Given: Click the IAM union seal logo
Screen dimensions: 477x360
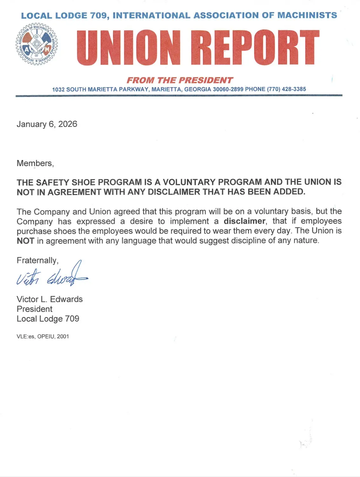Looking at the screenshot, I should [37, 44].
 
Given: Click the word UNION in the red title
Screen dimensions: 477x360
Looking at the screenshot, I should [128, 48].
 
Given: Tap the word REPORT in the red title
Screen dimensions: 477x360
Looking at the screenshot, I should [255, 48].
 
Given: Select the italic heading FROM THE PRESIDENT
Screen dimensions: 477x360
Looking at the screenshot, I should [180, 80].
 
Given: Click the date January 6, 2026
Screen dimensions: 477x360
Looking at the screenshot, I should [47, 124].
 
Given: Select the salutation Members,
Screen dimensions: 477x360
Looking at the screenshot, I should [35, 163].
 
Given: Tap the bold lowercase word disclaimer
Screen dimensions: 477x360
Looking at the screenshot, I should [244, 221].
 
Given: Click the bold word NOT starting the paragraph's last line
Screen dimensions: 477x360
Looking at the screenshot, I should [25, 241].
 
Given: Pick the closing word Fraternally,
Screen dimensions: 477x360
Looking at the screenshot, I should [37, 260].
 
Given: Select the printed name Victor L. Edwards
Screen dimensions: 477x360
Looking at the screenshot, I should [50, 299].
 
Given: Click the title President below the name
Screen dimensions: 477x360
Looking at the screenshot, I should [35, 309].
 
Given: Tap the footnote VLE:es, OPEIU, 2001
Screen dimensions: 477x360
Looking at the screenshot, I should [43, 336].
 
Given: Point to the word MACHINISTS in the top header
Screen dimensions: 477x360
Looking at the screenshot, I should [307, 15].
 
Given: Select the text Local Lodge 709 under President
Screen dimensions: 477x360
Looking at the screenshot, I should [48, 319].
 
